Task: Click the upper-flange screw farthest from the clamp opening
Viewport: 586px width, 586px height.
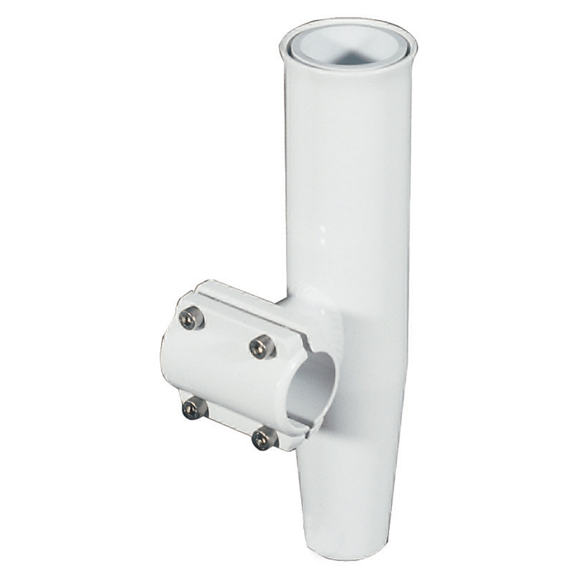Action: (190, 319)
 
